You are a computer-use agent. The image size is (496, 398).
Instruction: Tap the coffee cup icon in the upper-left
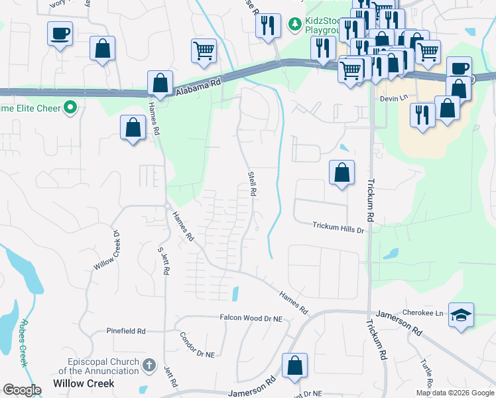click(x=60, y=33)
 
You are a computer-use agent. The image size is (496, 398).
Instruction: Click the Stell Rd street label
click(x=252, y=183)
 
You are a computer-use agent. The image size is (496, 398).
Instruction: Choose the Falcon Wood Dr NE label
click(x=251, y=318)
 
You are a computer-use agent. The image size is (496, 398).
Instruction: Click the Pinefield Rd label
click(x=126, y=330)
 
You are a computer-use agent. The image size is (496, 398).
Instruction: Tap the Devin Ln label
click(x=393, y=98)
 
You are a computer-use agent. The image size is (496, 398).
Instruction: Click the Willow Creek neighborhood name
click(x=84, y=383)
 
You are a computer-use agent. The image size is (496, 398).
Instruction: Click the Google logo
click(x=22, y=389)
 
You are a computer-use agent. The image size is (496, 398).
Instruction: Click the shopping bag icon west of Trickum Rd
click(x=341, y=173)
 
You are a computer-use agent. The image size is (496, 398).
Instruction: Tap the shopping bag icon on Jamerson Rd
click(x=294, y=365)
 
